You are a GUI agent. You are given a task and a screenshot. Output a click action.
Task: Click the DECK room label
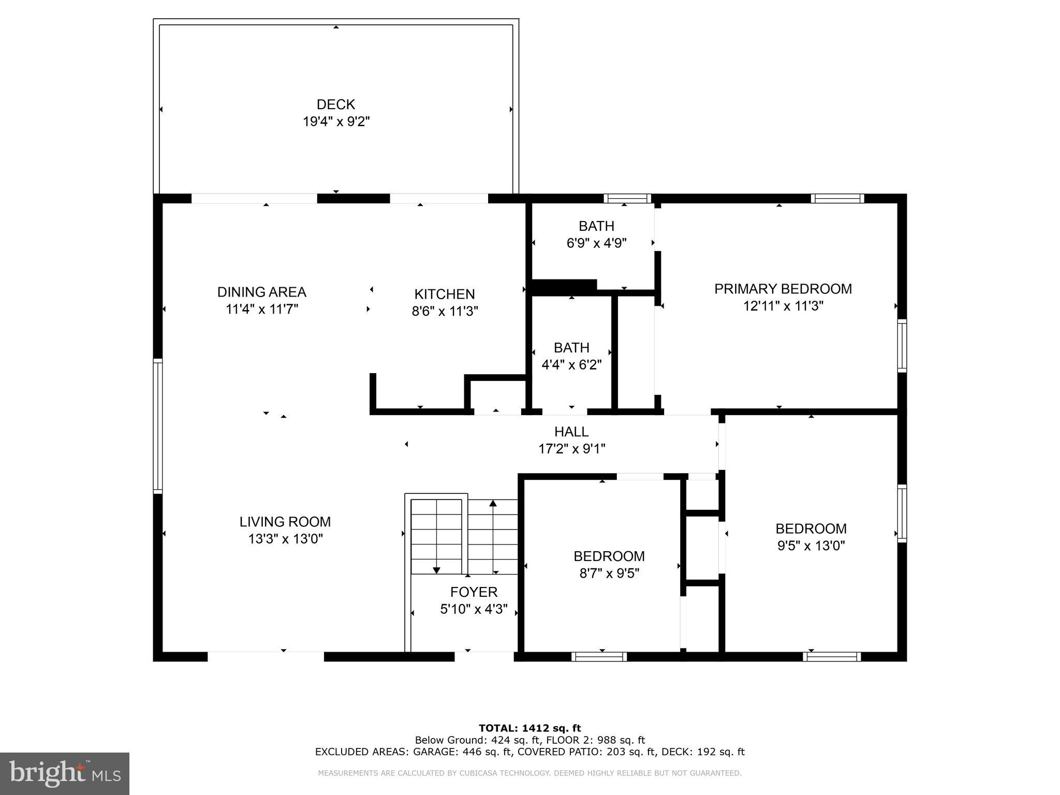[x=335, y=105]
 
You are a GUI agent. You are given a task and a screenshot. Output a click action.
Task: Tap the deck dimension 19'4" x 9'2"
[x=336, y=122]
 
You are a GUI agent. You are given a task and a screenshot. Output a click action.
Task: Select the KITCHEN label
[x=444, y=294]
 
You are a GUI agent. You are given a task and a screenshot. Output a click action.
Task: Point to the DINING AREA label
[x=261, y=292]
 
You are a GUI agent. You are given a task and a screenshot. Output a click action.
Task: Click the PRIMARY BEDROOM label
[x=783, y=289]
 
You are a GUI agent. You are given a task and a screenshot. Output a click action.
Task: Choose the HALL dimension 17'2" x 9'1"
[x=571, y=449]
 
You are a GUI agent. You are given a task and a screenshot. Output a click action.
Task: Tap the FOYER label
[x=474, y=592]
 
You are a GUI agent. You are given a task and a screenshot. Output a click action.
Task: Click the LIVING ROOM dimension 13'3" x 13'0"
[x=285, y=539]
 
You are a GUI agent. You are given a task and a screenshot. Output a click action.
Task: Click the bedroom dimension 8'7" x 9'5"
[x=609, y=573]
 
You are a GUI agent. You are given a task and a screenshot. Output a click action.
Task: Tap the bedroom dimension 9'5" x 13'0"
[x=811, y=546]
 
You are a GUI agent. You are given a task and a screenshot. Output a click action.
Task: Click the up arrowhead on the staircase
[x=493, y=503]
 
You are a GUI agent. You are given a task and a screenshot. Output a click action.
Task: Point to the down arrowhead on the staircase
[x=436, y=570]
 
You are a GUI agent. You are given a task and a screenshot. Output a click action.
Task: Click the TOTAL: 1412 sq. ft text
[x=529, y=728]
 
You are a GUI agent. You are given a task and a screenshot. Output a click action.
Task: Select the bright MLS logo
[x=64, y=773]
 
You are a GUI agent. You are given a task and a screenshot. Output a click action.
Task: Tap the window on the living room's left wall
[x=158, y=425]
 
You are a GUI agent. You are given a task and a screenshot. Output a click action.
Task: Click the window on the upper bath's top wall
[x=627, y=198]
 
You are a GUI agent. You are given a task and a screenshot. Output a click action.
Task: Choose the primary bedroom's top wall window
[x=837, y=198]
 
